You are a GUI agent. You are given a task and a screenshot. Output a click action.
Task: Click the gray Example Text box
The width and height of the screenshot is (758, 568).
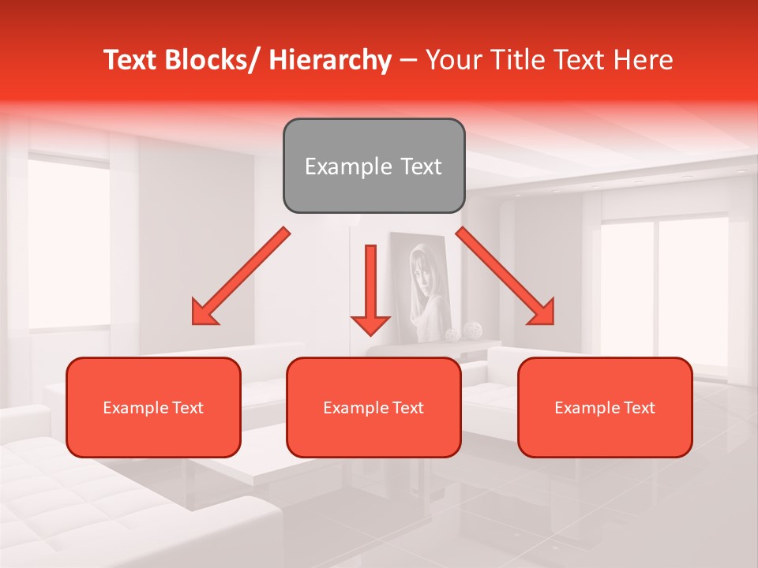pyautogui.click(x=373, y=166)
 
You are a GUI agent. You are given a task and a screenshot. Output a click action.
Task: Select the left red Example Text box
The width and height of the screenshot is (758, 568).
pyautogui.click(x=153, y=407)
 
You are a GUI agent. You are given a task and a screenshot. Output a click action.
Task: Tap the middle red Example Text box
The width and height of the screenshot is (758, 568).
pyautogui.click(x=373, y=407)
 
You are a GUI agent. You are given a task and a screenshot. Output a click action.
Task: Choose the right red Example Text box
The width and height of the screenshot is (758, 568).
pyautogui.click(x=605, y=407)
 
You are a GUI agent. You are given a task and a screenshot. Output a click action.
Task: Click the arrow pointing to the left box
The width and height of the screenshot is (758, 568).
pyautogui.click(x=240, y=277)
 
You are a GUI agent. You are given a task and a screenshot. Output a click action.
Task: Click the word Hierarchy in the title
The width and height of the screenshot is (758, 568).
pyautogui.click(x=330, y=60)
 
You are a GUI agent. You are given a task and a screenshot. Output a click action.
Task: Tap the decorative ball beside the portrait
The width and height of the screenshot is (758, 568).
pyautogui.click(x=472, y=330)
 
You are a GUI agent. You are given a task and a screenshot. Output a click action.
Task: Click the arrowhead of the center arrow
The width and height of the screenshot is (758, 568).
pyautogui.click(x=370, y=324)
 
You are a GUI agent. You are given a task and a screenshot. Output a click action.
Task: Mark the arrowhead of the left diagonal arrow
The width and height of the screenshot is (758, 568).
pyautogui.click(x=205, y=312)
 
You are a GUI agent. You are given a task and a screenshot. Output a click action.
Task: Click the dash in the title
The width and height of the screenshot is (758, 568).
pyautogui.click(x=408, y=60)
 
